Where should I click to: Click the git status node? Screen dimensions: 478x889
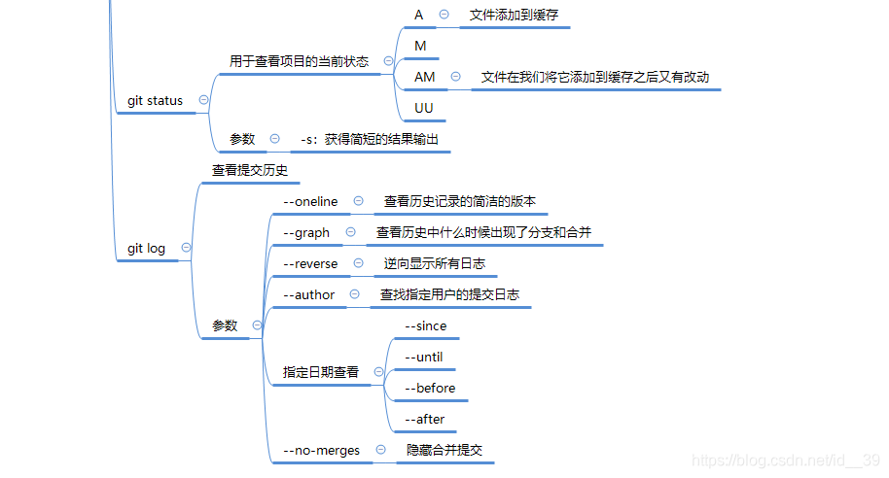click(x=155, y=100)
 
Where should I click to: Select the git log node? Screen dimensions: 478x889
click(x=146, y=248)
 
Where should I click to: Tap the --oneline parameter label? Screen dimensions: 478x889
click(x=310, y=201)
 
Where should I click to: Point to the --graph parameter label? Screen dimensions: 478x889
click(x=305, y=232)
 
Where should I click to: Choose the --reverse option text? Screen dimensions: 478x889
click(x=310, y=263)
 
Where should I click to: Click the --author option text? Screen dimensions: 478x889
click(x=308, y=294)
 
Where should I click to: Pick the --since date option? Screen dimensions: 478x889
click(x=425, y=325)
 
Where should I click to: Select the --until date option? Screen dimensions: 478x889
click(x=423, y=357)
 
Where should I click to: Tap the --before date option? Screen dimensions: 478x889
click(x=429, y=388)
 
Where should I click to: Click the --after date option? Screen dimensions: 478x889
click(x=424, y=419)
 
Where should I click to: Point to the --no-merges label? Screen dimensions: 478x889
click(x=321, y=450)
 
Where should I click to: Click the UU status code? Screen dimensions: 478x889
click(x=424, y=107)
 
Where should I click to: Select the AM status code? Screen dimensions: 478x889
click(x=425, y=77)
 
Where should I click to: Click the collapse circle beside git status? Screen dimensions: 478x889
click(x=203, y=99)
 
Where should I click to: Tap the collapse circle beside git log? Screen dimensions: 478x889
click(x=186, y=248)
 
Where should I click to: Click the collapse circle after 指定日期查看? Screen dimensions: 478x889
click(x=378, y=372)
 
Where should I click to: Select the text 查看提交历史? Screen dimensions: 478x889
click(x=250, y=170)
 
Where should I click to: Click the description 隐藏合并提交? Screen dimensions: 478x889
click(x=444, y=450)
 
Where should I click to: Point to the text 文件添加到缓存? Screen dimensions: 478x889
click(x=514, y=15)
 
